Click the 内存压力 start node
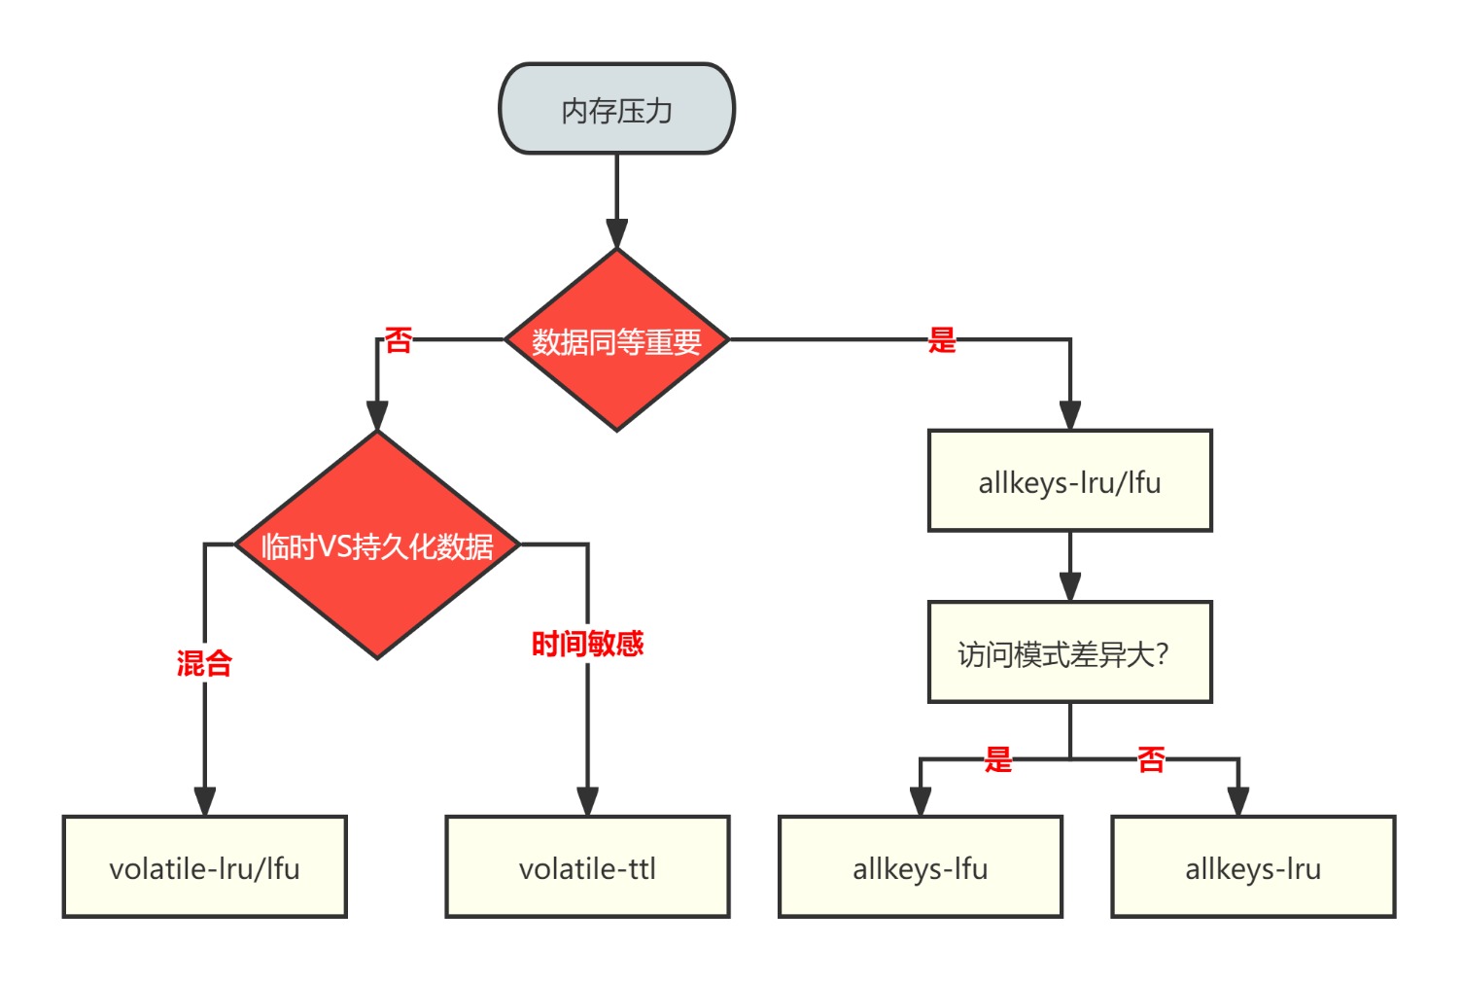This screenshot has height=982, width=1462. click(616, 109)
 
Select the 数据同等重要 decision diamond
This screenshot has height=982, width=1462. click(616, 340)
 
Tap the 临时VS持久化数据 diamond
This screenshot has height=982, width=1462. click(377, 545)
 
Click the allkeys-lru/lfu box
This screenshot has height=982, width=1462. click(1069, 481)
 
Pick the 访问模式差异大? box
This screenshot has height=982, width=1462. click(1069, 652)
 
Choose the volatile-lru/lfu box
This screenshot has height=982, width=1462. click(204, 867)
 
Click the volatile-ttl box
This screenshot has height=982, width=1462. click(587, 867)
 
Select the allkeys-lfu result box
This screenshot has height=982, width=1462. click(920, 867)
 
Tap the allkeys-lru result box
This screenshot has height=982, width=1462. click(1252, 867)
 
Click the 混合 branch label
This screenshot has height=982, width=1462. click(204, 663)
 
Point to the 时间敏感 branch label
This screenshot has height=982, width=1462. click(587, 643)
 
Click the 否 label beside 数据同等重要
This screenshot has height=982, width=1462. click(399, 340)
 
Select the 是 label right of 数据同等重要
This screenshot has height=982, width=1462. click(941, 340)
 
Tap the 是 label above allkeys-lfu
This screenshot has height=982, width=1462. click(997, 758)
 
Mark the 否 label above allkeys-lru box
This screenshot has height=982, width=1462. click(1151, 758)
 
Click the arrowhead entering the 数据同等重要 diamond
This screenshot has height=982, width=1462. click(616, 233)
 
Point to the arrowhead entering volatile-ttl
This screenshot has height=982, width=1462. click(587, 801)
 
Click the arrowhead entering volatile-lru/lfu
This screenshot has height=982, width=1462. click(204, 801)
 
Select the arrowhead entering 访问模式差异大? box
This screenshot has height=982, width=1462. click(1069, 586)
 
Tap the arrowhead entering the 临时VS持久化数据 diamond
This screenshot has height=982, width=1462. click(377, 415)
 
